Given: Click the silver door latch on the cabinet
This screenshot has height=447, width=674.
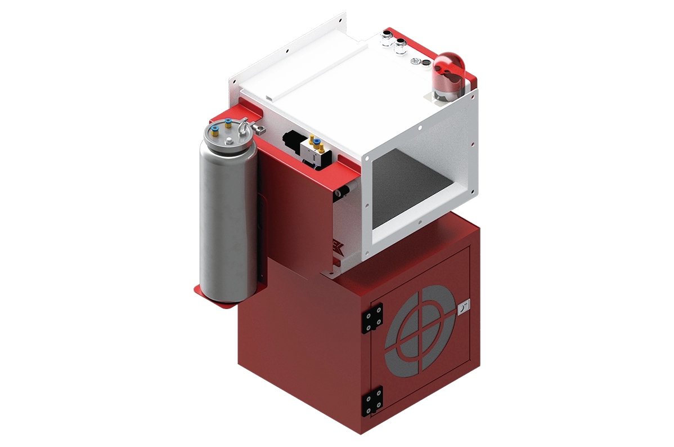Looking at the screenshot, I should [464, 308].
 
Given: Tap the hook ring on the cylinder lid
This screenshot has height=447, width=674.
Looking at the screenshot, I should [242, 128].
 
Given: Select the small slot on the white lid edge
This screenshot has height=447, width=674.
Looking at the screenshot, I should [269, 99].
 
